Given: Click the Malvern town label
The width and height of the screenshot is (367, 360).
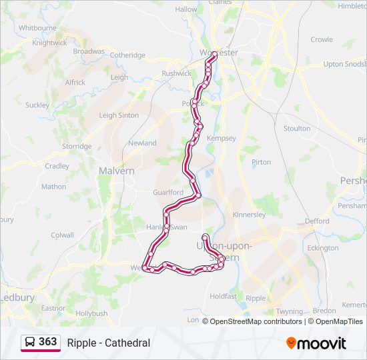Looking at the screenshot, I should (116, 171).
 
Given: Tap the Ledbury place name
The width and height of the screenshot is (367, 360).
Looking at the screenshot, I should (18, 297).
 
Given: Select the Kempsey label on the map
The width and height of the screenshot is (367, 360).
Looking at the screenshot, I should (222, 138).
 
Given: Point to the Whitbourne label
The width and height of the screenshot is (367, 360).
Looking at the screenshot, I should (37, 28).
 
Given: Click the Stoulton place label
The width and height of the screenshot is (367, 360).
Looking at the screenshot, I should (297, 128).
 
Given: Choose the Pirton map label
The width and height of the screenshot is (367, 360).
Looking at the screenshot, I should (262, 162).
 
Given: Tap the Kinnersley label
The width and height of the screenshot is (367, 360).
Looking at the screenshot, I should (250, 215).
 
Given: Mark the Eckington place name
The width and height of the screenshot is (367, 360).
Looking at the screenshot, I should (324, 248).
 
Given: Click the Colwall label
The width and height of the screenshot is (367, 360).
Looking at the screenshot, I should (62, 235).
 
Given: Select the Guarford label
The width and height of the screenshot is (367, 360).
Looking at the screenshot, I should (167, 193).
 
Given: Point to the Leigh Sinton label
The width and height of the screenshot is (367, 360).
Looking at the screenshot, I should (119, 115).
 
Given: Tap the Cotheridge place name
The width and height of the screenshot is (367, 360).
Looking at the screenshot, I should (127, 55).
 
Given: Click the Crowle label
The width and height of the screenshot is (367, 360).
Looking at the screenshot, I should (321, 39).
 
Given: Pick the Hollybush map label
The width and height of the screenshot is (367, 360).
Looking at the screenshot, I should (91, 313).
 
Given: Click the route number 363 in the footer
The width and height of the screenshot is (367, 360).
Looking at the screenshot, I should (47, 342).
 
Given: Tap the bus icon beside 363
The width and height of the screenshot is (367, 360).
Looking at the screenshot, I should (30, 342).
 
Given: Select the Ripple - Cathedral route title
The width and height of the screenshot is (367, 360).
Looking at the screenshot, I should (108, 343).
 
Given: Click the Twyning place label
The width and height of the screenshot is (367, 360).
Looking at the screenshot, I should (290, 311).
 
